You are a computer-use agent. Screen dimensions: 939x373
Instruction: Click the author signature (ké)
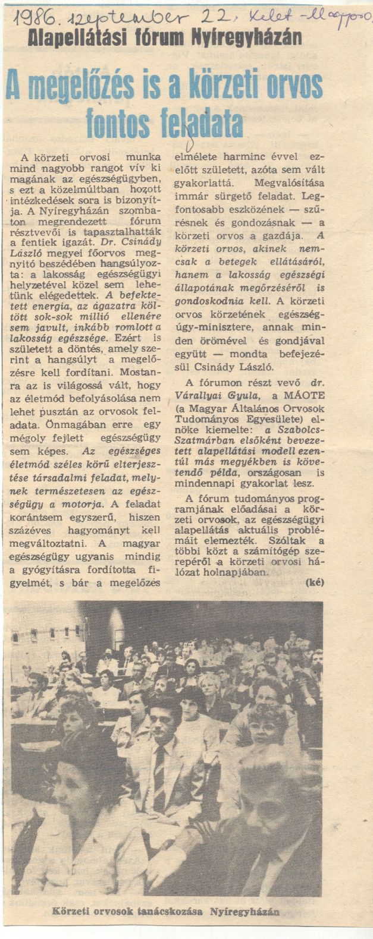tap(314, 582)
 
